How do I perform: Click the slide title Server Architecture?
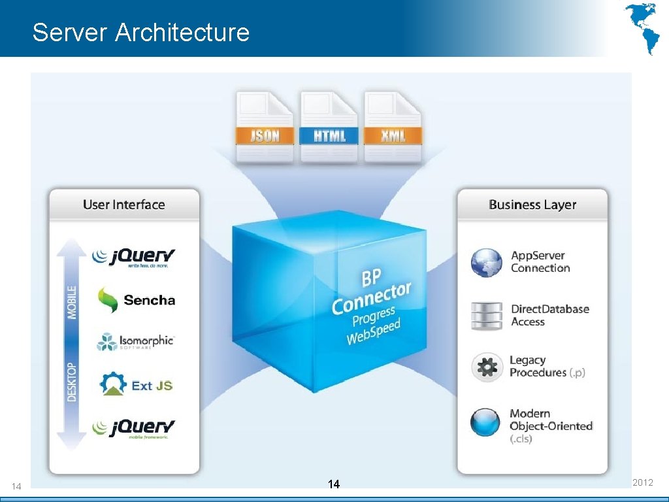click(x=140, y=32)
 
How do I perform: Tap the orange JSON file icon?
click(x=265, y=128)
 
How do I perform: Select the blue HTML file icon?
click(x=329, y=128)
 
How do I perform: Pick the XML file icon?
click(x=393, y=128)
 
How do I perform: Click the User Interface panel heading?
click(x=123, y=205)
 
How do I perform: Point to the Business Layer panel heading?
click(x=532, y=205)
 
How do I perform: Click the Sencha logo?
click(x=136, y=300)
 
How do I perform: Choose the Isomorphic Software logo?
click(x=135, y=342)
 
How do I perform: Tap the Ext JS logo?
click(x=136, y=384)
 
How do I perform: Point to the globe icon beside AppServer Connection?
click(x=487, y=262)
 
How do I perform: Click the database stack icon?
click(x=487, y=316)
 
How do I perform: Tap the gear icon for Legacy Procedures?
click(x=487, y=367)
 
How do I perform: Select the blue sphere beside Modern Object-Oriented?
click(x=485, y=422)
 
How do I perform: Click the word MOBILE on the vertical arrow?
click(x=72, y=301)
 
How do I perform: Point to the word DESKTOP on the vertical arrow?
click(x=72, y=382)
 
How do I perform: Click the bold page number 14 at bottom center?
click(x=334, y=484)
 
